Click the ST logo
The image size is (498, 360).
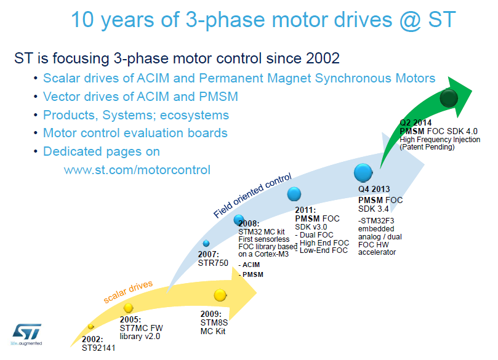click(x=26, y=334)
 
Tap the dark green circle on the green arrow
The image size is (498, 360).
click(x=449, y=98)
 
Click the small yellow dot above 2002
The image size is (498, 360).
click(x=91, y=326)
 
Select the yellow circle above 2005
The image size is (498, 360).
click(x=128, y=308)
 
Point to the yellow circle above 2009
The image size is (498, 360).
click(x=220, y=295)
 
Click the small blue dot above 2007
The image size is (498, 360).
click(x=206, y=244)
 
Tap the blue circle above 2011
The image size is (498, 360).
click(x=294, y=194)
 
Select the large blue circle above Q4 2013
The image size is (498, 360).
click(x=363, y=173)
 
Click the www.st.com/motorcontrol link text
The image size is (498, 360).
click(x=137, y=170)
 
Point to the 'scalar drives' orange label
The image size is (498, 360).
click(x=128, y=292)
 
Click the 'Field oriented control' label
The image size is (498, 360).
click(x=252, y=196)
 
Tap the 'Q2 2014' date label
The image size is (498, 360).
click(x=416, y=123)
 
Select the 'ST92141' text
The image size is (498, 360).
click(x=98, y=348)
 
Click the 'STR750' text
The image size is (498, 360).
click(x=213, y=263)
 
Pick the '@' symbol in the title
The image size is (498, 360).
click(x=411, y=20)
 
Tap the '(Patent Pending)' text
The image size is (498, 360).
click(x=427, y=147)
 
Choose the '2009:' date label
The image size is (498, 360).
click(x=211, y=314)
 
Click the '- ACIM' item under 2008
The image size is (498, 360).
click(x=249, y=265)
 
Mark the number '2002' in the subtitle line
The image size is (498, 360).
click(x=323, y=58)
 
